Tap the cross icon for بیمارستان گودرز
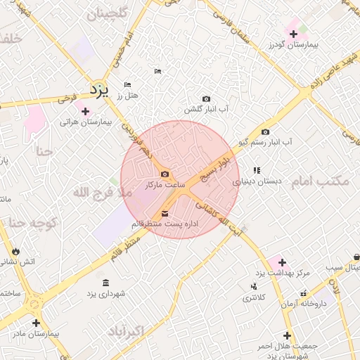[x=294, y=33]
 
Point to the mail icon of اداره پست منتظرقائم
[x=165, y=213]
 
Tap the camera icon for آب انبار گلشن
[x=206, y=99]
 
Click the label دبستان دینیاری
[x=257, y=181]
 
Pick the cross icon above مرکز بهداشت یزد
[x=282, y=262]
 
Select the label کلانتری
[x=255, y=297]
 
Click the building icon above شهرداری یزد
[x=105, y=283]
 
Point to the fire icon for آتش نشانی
[x=15, y=251]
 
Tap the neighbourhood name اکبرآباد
[x=127, y=330]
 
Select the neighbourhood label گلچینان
[x=105, y=13]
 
